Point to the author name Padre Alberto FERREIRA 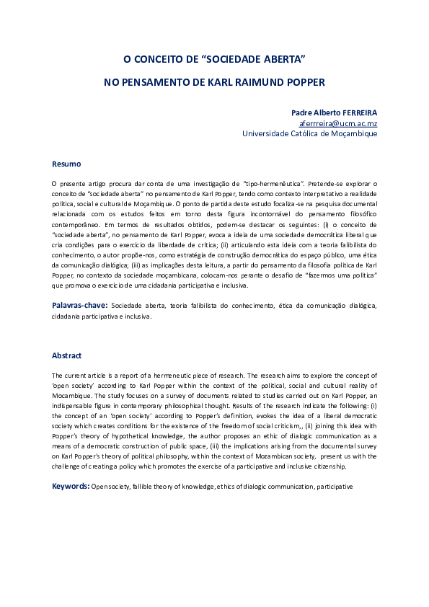334,113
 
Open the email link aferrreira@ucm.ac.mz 338,123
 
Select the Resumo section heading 66,164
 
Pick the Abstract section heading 67,355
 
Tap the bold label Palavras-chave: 79,306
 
